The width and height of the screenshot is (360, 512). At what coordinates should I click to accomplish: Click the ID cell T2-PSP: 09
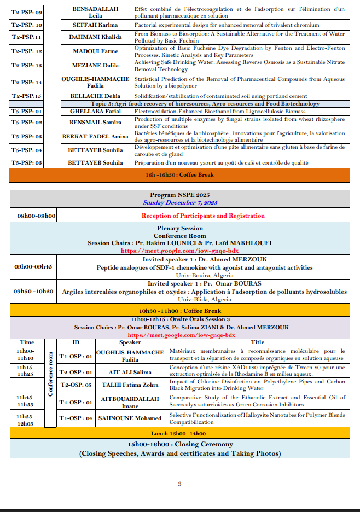pos(27,13)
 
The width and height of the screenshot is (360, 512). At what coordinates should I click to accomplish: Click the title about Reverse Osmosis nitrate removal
pos(240,66)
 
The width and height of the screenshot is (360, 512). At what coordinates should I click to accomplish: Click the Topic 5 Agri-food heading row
pos(205,104)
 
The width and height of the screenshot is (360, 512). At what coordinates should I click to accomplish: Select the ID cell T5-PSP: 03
pos(27,136)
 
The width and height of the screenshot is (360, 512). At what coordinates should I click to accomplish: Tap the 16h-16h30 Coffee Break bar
pos(179,175)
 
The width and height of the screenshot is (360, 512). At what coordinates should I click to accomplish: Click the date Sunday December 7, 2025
pos(180,202)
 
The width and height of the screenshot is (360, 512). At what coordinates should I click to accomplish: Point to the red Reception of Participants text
pos(203,216)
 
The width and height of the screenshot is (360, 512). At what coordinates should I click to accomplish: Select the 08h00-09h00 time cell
pos(37,216)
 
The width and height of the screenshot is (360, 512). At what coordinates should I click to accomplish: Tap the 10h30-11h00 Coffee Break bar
pos(179,311)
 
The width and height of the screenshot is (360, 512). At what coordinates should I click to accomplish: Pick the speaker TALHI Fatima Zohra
pos(130,385)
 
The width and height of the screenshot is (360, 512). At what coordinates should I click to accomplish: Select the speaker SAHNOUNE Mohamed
pos(130,418)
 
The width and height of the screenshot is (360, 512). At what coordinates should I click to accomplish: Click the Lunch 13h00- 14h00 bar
pos(179,433)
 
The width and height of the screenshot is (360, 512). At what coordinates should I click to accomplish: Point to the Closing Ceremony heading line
pos(180,444)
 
